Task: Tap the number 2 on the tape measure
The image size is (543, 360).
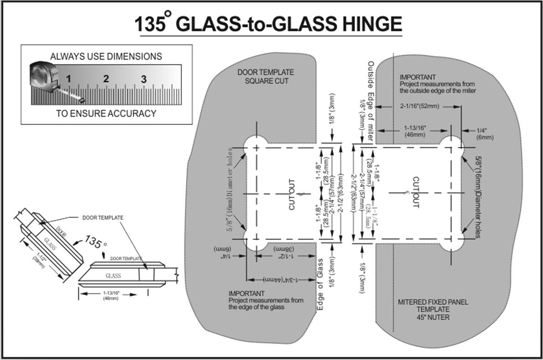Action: (106, 78)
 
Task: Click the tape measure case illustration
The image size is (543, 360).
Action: (44, 75)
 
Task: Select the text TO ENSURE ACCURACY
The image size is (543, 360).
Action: (106, 114)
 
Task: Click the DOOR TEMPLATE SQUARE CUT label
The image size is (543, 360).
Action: (266, 76)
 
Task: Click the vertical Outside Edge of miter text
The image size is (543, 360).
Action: (371, 100)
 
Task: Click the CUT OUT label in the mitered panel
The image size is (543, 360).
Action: (415, 192)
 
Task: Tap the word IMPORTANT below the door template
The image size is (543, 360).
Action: (246, 293)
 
